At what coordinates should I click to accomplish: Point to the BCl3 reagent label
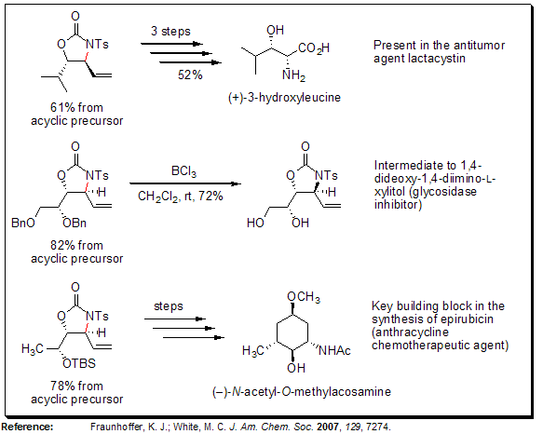pyautogui.click(x=182, y=171)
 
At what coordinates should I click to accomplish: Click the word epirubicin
pyautogui.click(x=444, y=319)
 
